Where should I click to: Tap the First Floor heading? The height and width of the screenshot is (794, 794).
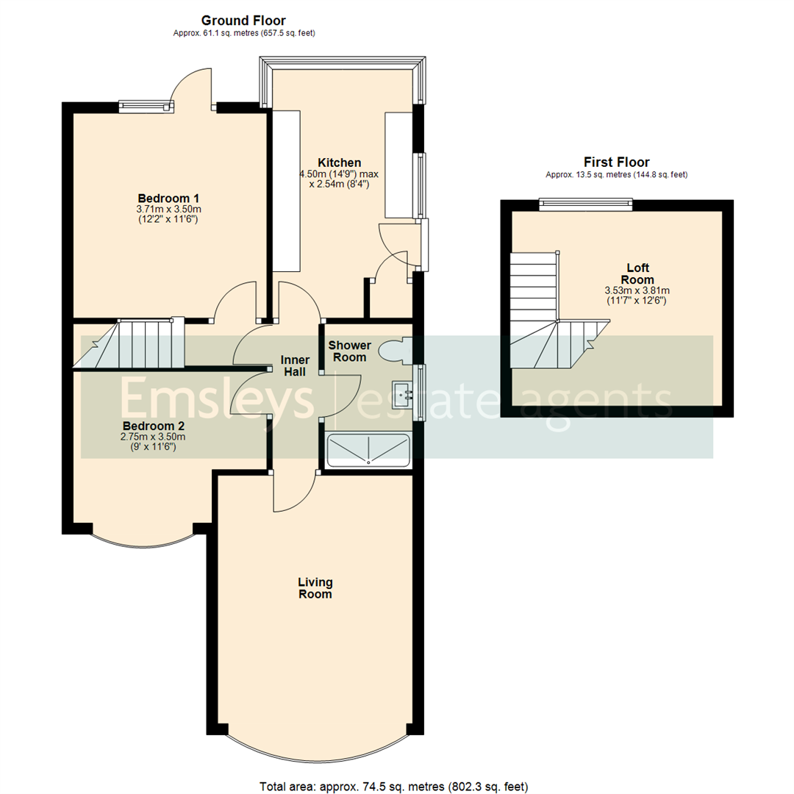(616, 162)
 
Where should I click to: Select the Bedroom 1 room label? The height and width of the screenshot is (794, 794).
(169, 198)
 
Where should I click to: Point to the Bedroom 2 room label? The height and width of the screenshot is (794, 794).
(153, 426)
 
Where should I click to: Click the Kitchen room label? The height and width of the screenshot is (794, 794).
(339, 162)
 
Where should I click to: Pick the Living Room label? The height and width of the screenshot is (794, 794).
(315, 588)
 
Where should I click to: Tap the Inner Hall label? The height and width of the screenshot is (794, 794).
(295, 366)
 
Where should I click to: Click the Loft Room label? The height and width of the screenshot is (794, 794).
(637, 273)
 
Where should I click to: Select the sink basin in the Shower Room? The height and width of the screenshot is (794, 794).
(403, 394)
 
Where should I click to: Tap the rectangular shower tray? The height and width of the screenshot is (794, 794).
(368, 450)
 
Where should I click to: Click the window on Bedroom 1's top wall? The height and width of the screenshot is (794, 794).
(147, 107)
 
